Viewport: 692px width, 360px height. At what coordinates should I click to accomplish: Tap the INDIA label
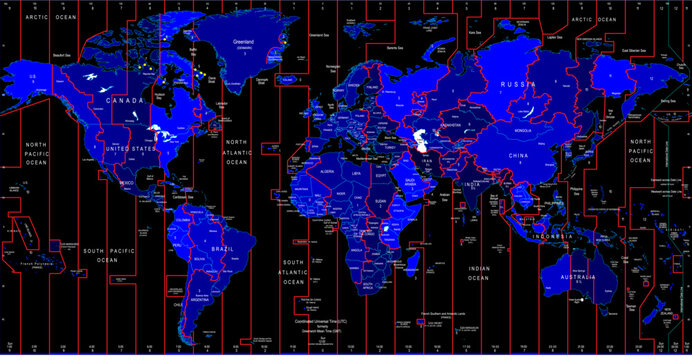point(474,183)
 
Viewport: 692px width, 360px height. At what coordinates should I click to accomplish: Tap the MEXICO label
point(127,183)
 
